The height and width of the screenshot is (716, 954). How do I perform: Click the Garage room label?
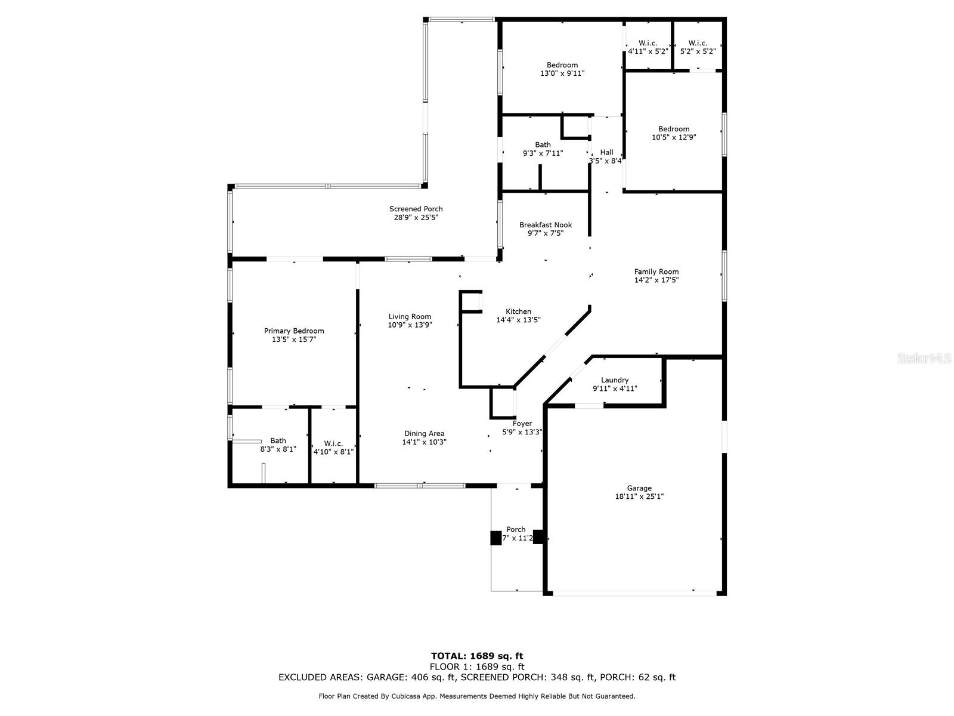point(639,488)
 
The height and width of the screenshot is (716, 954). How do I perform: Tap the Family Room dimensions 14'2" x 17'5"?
point(656,280)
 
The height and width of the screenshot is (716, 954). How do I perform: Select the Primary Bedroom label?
point(294,331)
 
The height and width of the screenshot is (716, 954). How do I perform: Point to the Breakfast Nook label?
point(545,225)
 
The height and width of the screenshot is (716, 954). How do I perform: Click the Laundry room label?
point(614,380)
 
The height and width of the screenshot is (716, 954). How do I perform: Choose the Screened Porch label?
point(416,209)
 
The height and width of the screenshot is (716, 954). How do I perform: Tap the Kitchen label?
point(518,311)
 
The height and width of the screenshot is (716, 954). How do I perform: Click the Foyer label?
point(522,424)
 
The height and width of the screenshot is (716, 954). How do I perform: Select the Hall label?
point(606,152)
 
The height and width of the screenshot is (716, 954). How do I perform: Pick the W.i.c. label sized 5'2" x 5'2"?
point(698,43)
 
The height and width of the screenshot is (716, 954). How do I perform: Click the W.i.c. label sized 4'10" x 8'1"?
point(333,443)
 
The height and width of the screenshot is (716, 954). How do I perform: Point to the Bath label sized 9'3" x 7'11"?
point(543,145)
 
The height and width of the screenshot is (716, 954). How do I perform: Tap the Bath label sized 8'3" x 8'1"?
point(278,440)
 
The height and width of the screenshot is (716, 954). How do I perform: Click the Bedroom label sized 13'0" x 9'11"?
point(562,65)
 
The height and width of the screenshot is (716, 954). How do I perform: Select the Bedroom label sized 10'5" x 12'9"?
point(674,129)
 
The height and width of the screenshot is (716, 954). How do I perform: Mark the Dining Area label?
point(424,434)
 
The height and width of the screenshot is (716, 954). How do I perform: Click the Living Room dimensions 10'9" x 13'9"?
point(410,325)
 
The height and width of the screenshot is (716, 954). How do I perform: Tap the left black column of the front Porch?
point(496,538)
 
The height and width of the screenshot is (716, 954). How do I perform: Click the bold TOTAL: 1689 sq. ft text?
point(477,656)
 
